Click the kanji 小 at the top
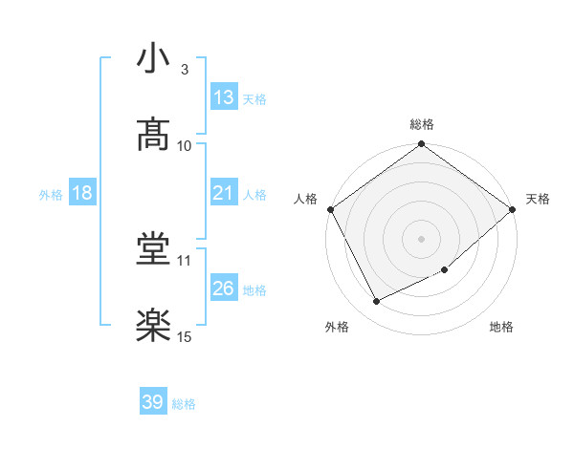154,58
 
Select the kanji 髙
154,135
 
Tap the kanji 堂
154,249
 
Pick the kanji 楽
154,326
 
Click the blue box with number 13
224,97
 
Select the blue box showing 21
224,193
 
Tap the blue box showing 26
224,289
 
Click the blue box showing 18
81,193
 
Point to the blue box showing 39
153,402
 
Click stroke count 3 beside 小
184,70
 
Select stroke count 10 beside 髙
185,146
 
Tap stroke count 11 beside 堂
185,260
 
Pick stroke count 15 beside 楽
185,336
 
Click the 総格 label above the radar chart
422,124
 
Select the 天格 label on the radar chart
539,199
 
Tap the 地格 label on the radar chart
501,327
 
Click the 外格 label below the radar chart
337,327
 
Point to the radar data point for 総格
422,145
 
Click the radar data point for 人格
331,209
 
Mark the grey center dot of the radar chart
422,238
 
